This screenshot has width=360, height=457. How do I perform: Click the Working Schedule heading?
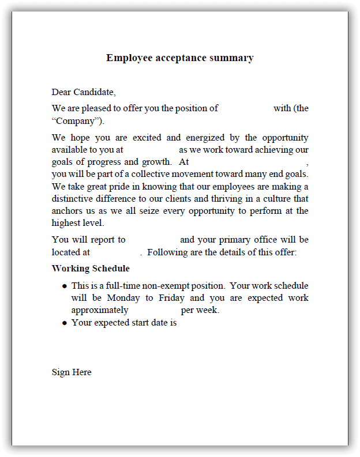pos(91,269)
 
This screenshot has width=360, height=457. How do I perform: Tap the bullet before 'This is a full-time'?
pos(64,286)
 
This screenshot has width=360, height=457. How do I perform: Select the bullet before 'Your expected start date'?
pos(64,323)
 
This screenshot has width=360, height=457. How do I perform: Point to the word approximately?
pos(100,310)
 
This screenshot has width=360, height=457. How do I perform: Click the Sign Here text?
pos(72,372)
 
